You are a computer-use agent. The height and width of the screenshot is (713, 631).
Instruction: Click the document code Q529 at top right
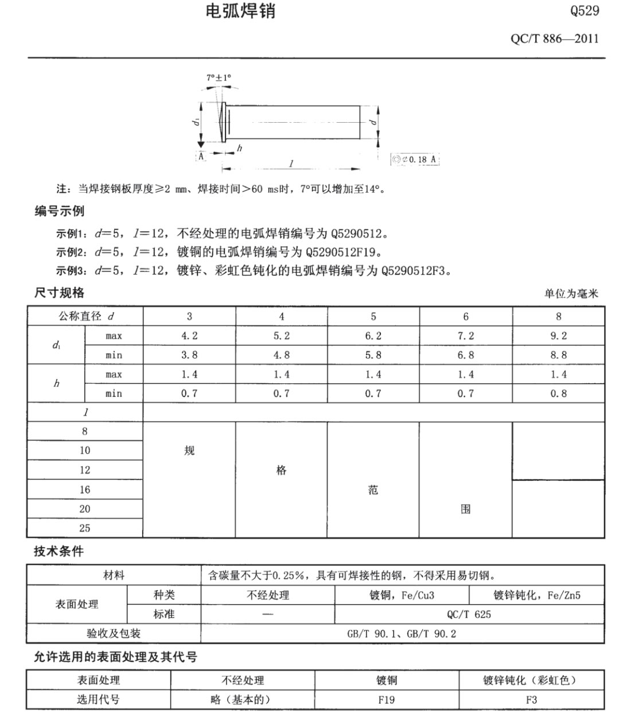585,10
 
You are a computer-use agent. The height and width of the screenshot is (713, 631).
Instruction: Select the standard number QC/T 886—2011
554,39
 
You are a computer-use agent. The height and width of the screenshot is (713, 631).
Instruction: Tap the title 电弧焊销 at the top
240,11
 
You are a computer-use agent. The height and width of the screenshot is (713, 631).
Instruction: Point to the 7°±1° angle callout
219,77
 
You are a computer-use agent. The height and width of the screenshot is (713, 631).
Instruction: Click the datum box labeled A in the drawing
201,156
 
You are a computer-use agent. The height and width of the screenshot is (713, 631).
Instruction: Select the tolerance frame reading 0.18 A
415,159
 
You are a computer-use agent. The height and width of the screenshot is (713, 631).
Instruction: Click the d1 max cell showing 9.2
558,336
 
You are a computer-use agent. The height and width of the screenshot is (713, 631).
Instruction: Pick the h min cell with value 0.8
558,393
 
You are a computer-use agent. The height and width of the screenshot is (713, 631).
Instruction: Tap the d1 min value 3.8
189,355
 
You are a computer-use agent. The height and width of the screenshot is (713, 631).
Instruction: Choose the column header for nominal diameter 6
466,317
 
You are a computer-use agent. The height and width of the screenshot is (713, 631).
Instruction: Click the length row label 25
85,528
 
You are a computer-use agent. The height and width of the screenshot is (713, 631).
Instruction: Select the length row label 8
85,431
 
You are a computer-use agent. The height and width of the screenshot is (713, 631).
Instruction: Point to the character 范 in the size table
373,490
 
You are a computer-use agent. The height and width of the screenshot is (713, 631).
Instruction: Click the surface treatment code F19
386,700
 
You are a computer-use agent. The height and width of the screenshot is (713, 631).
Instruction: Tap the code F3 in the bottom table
531,700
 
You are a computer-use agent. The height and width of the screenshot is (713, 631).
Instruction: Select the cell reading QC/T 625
469,614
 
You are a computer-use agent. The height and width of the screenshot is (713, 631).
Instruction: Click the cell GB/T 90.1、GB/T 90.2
402,634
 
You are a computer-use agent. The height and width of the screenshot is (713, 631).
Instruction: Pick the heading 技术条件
59,551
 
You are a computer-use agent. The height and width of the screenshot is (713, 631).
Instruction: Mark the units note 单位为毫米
571,294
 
